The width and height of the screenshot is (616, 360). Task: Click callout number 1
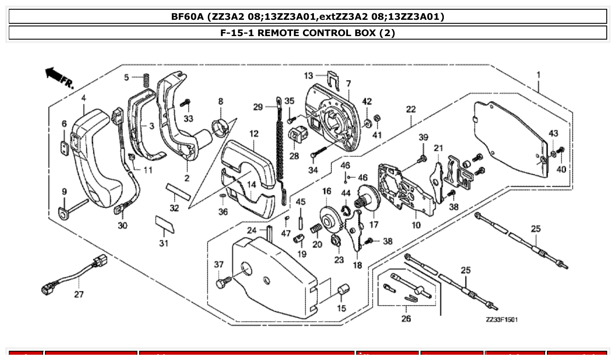(538, 75)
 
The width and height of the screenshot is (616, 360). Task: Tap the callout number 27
(78, 294)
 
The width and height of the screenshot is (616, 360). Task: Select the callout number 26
(406, 318)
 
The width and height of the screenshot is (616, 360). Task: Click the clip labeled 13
(335, 78)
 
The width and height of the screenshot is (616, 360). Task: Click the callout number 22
(410, 110)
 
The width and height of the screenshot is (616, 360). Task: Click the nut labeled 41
(377, 118)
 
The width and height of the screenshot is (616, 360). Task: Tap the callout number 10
(416, 225)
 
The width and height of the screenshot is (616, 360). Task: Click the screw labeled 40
(561, 152)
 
